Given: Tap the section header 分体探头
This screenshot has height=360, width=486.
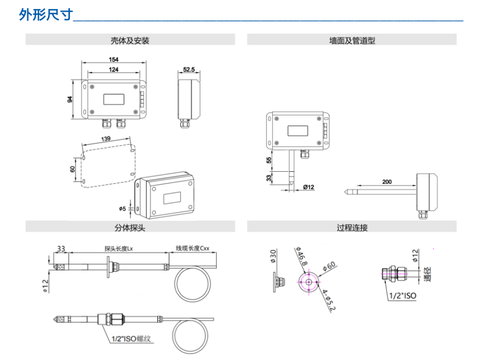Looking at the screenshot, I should click(x=130, y=228).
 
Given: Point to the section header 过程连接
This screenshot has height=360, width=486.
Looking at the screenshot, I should click(x=352, y=228).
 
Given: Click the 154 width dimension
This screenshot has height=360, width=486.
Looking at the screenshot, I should click(x=113, y=59).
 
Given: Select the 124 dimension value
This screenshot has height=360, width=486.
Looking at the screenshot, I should click(x=113, y=69).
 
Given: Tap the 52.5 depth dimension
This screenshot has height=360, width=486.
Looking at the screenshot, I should click(x=189, y=69).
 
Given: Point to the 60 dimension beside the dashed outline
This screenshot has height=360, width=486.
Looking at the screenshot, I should click(x=73, y=169).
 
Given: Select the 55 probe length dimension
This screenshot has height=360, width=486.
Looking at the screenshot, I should click(x=269, y=159).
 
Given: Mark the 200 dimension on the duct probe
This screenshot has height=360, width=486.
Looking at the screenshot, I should click(x=386, y=182).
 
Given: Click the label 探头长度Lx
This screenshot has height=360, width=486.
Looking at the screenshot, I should click(x=120, y=249).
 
